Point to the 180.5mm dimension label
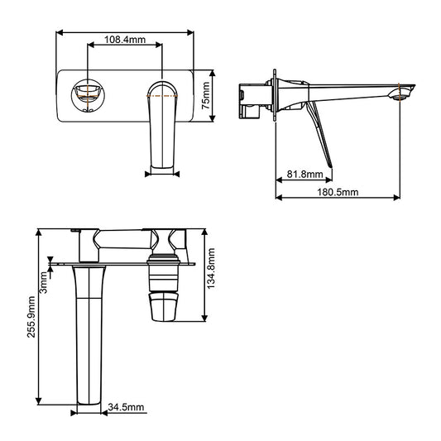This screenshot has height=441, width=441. coord(337,192)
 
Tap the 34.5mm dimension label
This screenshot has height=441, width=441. coord(127,407)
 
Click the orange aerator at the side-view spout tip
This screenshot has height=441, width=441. coord(403,93)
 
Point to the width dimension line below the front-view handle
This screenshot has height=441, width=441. coord(162,173)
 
